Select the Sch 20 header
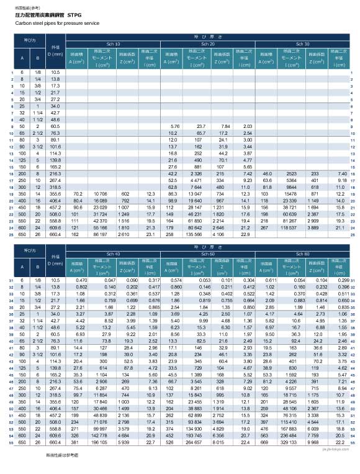pyautogui.click(x=209, y=44)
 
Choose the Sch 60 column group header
pyautogui.click(x=209, y=254)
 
